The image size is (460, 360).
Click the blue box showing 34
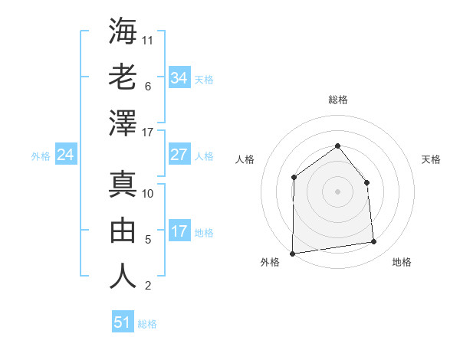[179, 77]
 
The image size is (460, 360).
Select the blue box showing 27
[179, 155]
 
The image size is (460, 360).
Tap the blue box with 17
[179, 231]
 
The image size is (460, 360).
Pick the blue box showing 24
[65, 155]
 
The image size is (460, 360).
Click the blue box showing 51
[123, 322]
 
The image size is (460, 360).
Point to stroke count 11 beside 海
[149, 39]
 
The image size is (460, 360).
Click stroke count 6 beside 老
[147, 87]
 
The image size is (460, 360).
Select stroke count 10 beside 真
[149, 194]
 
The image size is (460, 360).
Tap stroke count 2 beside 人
[147, 286]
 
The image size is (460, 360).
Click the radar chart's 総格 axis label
[338, 100]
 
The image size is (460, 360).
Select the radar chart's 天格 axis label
[431, 159]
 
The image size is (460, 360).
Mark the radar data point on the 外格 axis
[292, 253]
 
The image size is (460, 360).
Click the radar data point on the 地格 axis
[374, 242]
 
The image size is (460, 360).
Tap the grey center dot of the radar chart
[337, 191]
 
